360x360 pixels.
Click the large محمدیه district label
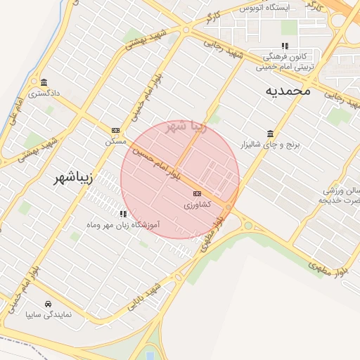(x=288, y=91)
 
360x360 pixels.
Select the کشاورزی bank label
(x=196, y=205)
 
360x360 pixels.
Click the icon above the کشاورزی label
(x=197, y=193)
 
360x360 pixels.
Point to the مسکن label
(x=115, y=141)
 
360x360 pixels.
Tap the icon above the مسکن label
(x=115, y=130)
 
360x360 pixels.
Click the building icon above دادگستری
(x=44, y=82)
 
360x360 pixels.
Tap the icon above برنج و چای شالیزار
(x=271, y=133)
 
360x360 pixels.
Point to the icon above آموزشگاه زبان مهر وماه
(x=123, y=214)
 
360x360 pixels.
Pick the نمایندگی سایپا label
(x=48, y=315)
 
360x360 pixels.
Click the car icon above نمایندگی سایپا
(x=47, y=304)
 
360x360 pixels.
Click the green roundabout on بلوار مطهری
(x=247, y=226)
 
